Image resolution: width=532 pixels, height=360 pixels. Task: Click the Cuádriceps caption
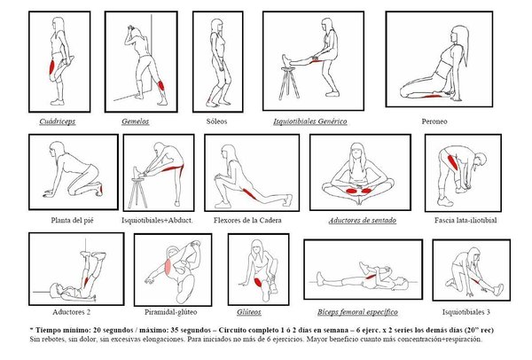(58, 121)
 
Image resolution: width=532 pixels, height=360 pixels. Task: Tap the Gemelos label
(136, 121)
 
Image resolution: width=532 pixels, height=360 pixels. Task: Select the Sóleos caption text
(216, 121)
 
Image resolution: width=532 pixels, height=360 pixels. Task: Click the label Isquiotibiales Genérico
(310, 121)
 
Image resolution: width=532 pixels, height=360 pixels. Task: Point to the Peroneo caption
(434, 121)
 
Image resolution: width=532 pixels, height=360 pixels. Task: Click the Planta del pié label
(72, 220)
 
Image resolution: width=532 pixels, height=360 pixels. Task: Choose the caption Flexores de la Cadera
(247, 220)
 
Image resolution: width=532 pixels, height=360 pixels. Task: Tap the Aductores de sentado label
(363, 221)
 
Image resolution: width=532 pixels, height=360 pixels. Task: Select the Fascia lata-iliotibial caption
(465, 220)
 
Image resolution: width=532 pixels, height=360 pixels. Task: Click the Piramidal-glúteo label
(170, 312)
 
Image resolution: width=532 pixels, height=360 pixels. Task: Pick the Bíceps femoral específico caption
(357, 312)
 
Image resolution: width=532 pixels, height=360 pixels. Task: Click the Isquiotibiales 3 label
(466, 312)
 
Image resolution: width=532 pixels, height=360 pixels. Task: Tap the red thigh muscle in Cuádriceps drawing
(52, 67)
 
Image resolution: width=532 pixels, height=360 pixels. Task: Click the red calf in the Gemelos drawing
(160, 85)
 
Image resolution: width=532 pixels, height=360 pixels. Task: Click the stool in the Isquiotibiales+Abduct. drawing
(137, 192)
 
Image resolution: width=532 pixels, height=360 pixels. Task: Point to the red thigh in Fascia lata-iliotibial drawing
(452, 161)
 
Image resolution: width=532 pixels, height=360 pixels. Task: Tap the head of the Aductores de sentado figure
(357, 152)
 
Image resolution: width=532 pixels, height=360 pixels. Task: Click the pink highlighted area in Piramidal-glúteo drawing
(168, 266)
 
